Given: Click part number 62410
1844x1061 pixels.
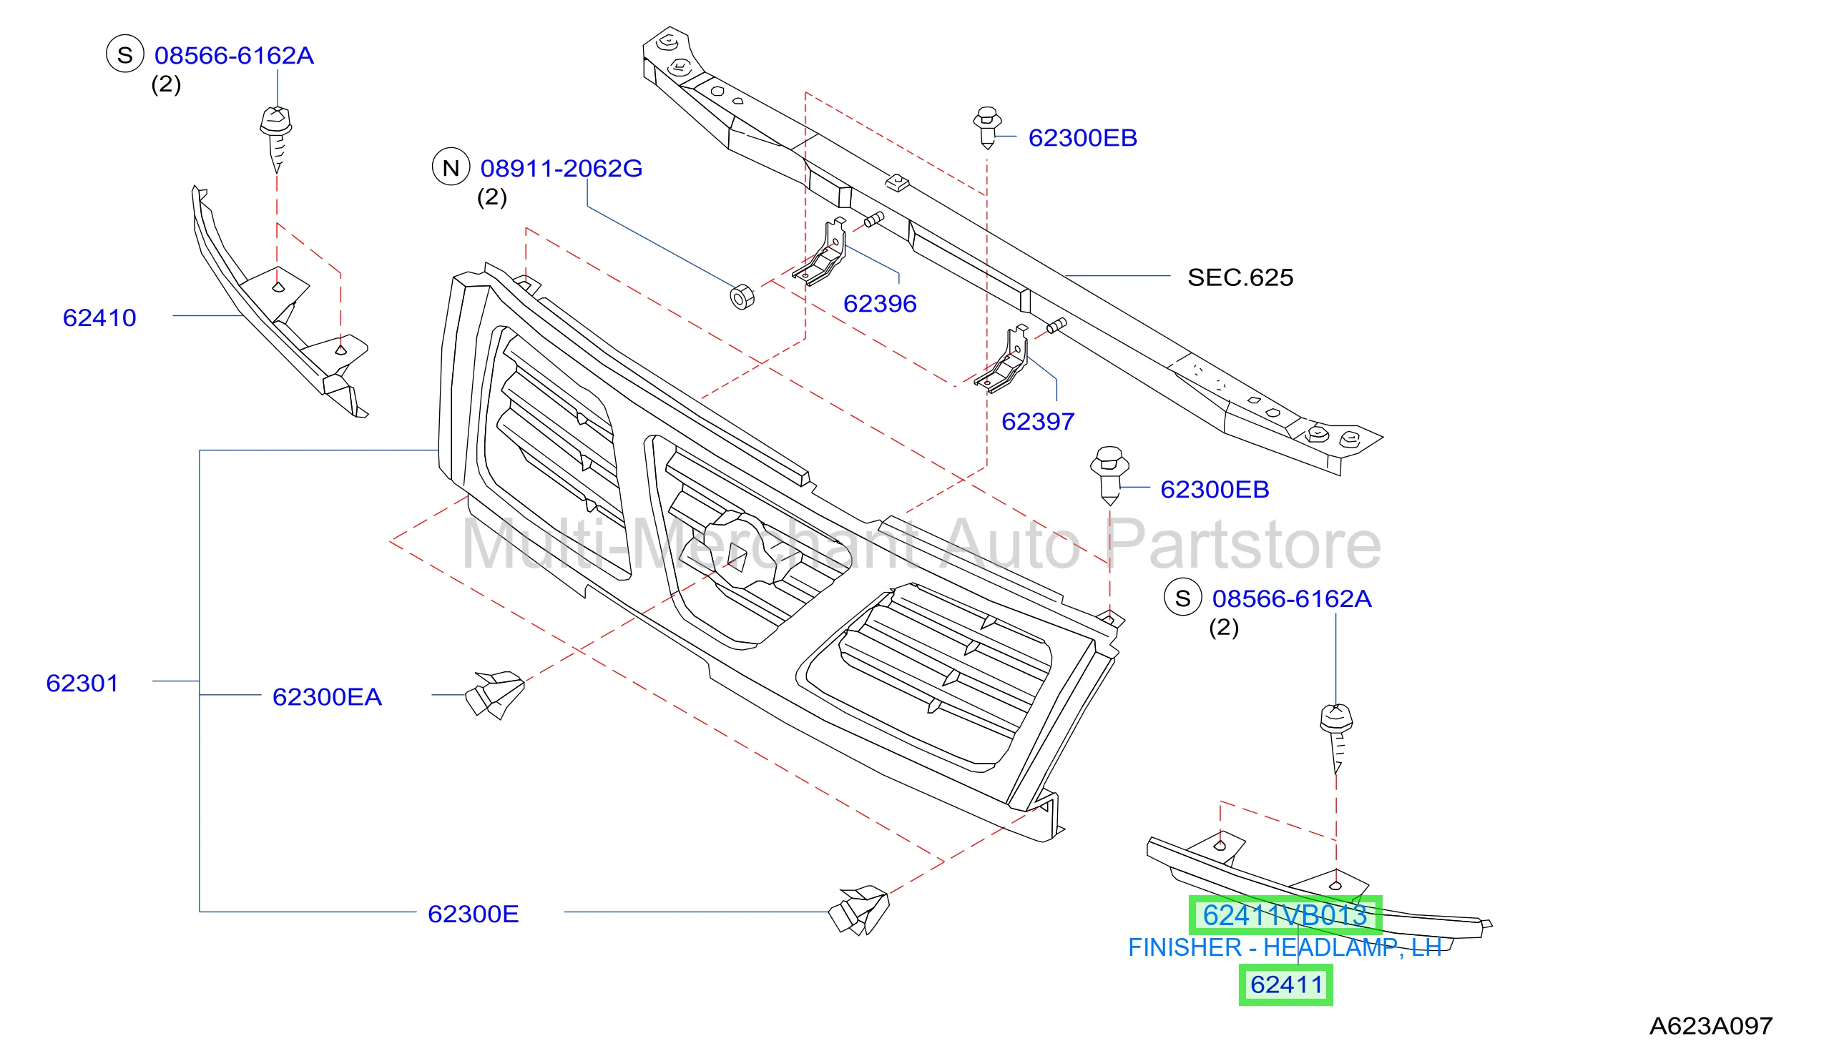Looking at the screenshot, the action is coord(99,317).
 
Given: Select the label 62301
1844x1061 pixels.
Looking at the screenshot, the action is coord(82,684).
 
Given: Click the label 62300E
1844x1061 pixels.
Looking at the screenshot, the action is coord(473,914).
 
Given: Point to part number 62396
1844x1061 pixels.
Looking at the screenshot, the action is coord(880,304).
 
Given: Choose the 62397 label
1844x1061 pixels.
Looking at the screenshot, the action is coord(1038,422).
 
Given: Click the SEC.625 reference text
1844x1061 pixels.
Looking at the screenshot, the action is coord(1240,277).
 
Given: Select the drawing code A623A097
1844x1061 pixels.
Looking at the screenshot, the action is coord(1711,1026).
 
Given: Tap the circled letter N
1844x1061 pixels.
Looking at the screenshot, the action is coord(451,167).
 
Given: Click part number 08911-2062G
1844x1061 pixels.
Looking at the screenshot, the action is coord(561,168).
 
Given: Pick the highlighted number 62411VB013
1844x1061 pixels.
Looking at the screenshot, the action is coord(1285,915).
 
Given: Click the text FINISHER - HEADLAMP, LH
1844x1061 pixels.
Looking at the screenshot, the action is coord(1285,947).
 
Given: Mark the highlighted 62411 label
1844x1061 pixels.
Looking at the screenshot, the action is coord(1285,985).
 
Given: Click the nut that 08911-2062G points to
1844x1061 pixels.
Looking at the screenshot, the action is coord(742,297).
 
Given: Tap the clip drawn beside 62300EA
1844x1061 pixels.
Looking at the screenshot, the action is coord(495,695).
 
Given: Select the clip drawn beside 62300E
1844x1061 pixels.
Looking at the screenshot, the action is coord(859,911).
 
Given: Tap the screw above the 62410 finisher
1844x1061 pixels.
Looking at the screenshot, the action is coord(276,139).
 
